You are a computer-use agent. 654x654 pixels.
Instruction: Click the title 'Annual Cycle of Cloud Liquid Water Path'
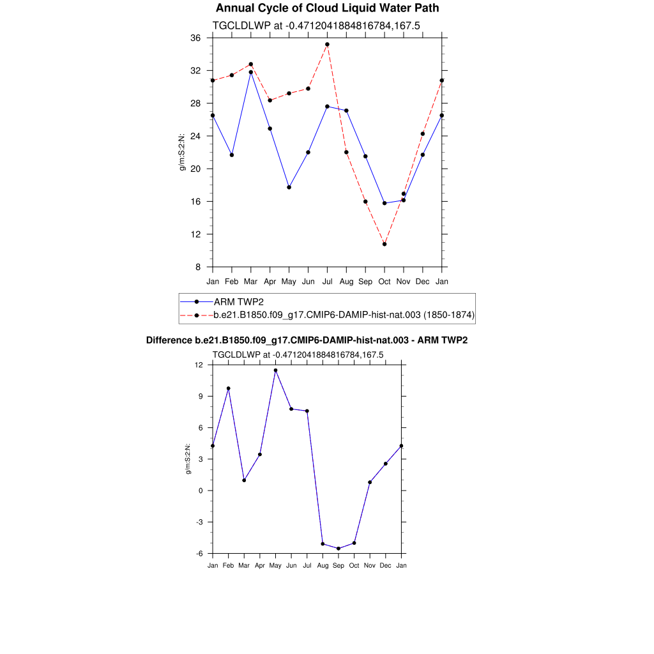(x=327, y=8)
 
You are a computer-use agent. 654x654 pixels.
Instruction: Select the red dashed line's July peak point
(x=327, y=45)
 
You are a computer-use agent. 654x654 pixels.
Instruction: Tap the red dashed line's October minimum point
(x=384, y=244)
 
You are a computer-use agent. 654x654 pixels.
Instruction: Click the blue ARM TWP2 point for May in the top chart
(x=289, y=187)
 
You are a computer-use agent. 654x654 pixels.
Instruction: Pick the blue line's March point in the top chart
(x=251, y=72)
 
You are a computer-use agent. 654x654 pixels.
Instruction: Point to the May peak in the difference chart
(x=275, y=370)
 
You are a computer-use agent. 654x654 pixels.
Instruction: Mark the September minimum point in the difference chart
(x=338, y=549)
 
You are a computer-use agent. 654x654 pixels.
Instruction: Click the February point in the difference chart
(x=228, y=388)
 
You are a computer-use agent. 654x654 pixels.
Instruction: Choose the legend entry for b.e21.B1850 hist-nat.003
(x=344, y=315)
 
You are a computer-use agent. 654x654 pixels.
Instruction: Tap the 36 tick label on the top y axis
(x=195, y=38)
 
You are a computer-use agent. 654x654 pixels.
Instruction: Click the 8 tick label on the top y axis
(x=198, y=267)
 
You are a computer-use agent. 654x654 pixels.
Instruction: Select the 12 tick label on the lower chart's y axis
(x=199, y=365)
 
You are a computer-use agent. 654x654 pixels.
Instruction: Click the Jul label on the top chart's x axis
(x=327, y=281)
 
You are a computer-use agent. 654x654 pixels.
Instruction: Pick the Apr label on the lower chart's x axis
(x=259, y=565)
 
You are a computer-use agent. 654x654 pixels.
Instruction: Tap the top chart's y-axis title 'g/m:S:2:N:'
(x=183, y=153)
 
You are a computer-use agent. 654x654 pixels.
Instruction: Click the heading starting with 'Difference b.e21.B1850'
(x=307, y=340)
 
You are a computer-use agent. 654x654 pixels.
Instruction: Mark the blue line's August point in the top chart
(x=346, y=110)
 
